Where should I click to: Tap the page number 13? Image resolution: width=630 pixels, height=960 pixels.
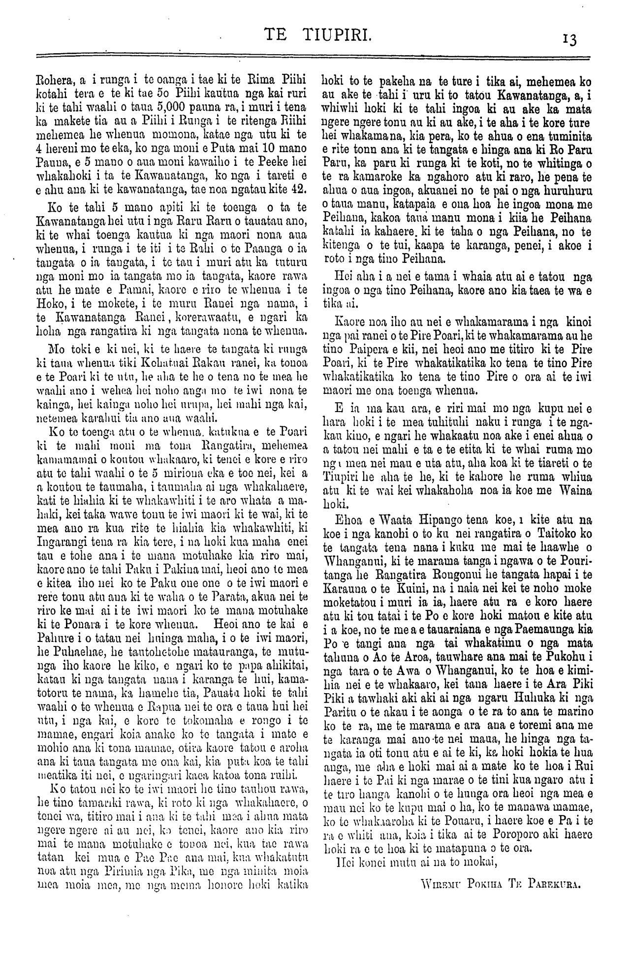point(571,38)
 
